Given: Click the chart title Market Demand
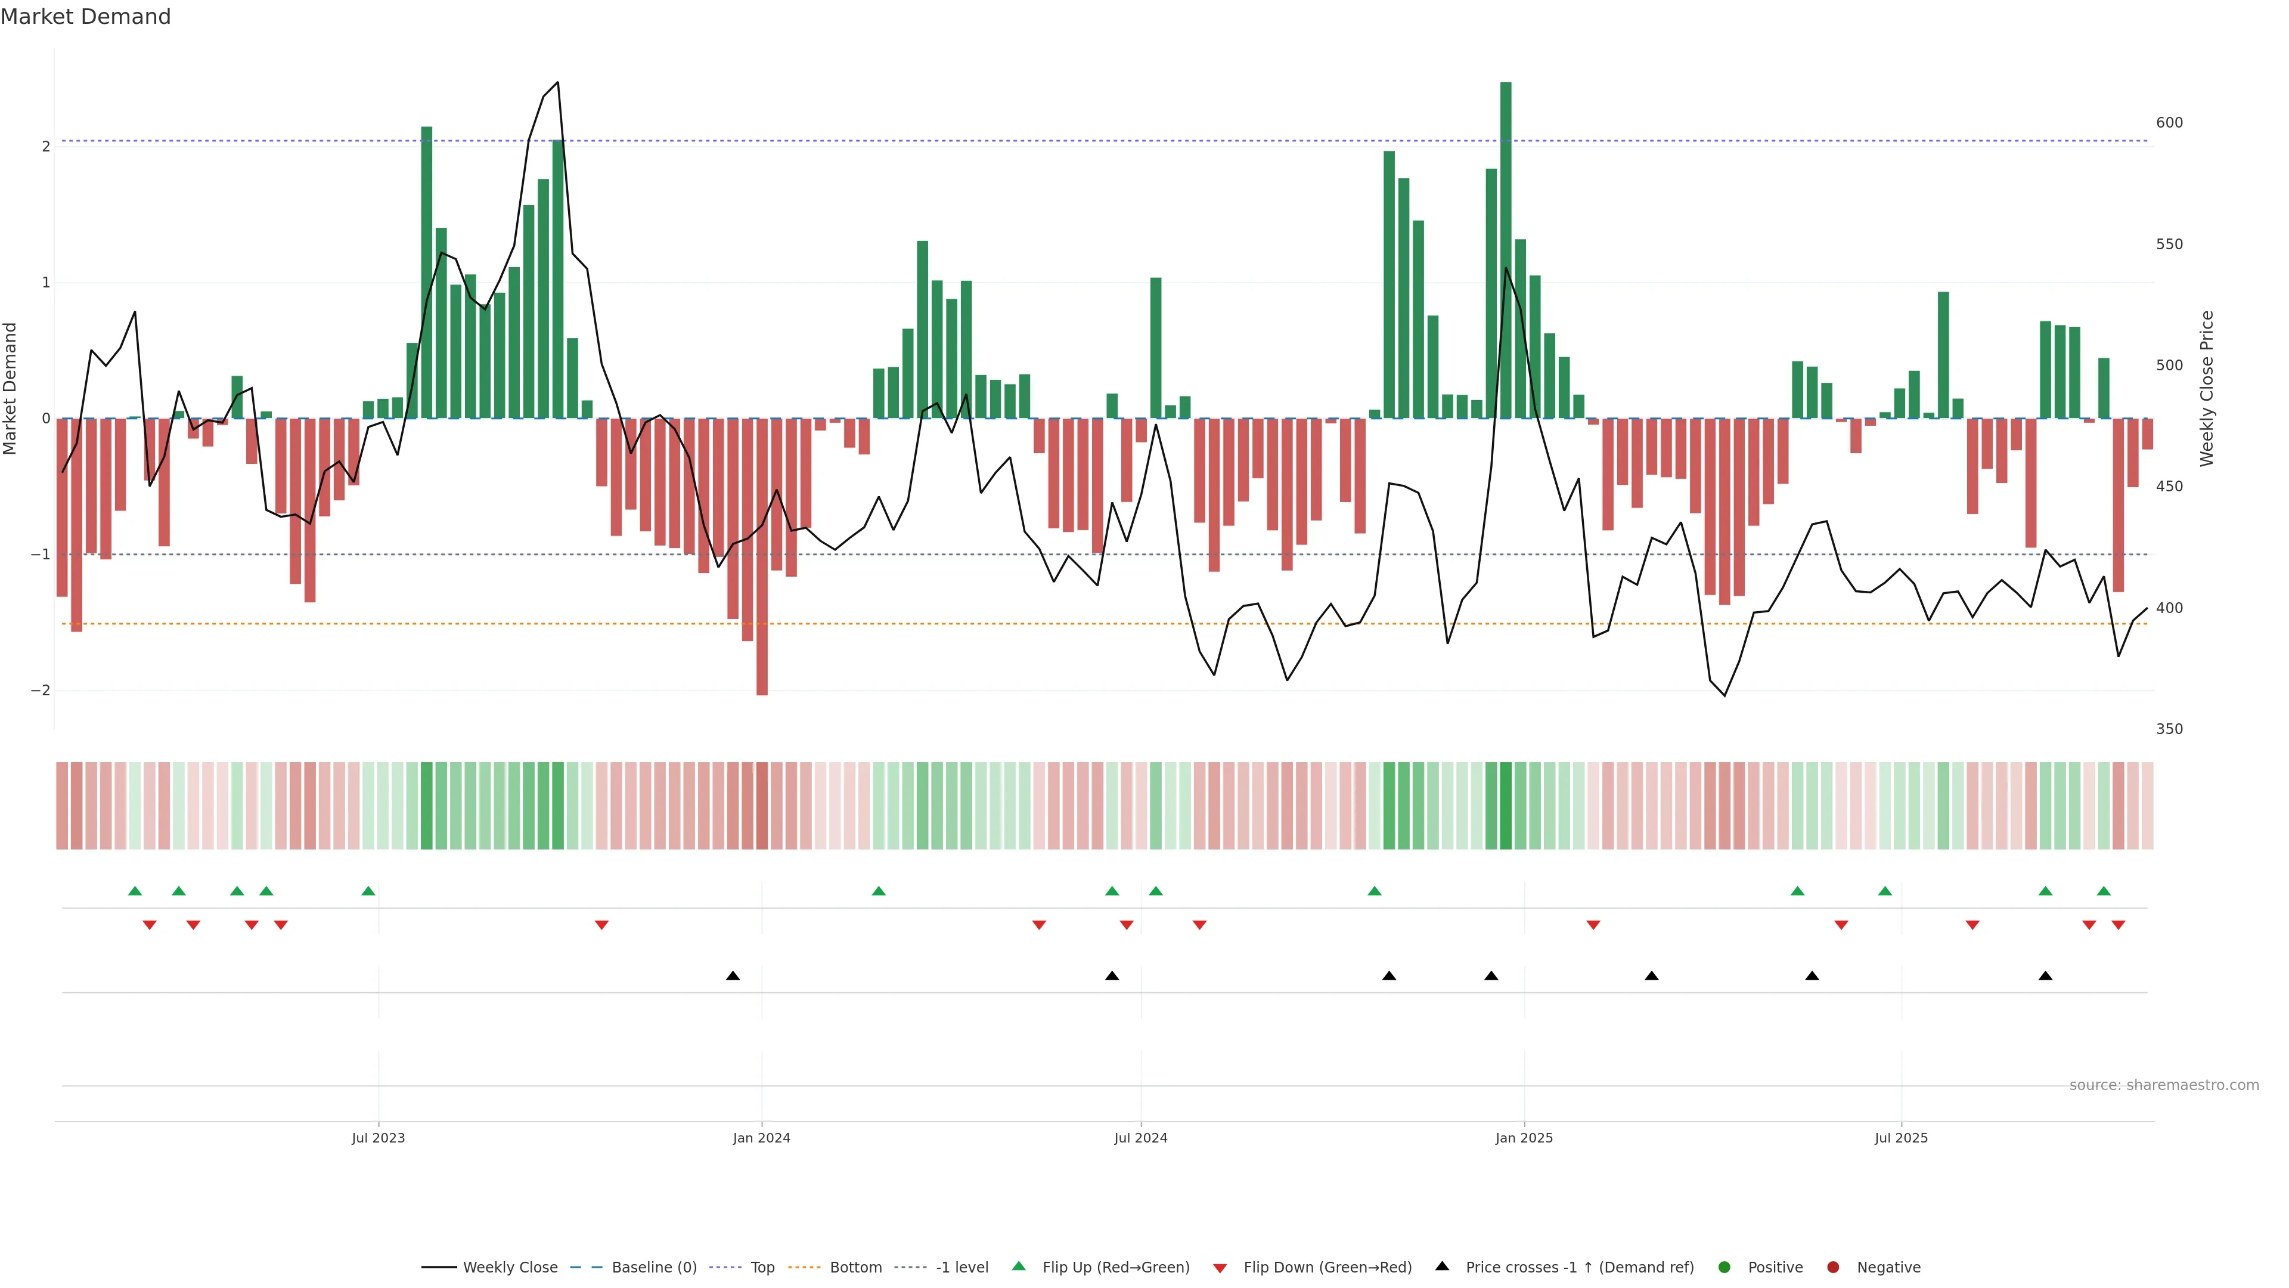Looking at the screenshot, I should point(85,17).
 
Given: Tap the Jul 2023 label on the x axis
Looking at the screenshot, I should point(378,1138).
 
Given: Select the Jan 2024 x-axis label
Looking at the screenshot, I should point(762,1138).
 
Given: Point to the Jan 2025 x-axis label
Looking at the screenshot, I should point(1524,1138).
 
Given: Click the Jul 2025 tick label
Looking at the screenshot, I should point(1901,1138).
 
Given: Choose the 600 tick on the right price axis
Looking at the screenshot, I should point(2169,123).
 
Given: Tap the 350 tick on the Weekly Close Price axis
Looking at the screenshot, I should point(2169,729).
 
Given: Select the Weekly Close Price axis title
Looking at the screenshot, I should point(2207,388).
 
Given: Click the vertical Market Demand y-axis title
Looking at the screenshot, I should point(11,388).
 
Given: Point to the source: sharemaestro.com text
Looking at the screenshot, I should point(2164,1085).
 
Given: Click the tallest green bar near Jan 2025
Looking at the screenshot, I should point(1505,249).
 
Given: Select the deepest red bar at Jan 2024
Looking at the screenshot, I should point(762,556).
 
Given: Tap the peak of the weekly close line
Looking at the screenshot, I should point(557,83).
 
